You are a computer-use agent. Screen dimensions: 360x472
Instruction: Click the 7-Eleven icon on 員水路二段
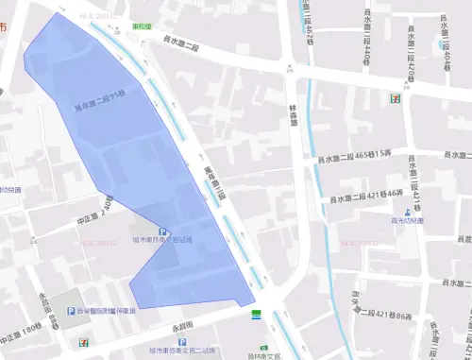(x=390, y=97)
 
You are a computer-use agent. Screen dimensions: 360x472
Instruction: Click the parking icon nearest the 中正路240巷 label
(x=162, y=231)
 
